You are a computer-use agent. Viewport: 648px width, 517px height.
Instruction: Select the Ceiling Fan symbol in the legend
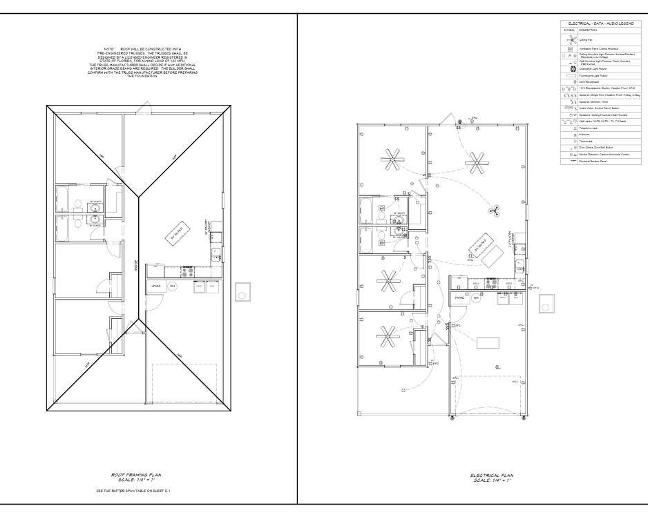click(571, 40)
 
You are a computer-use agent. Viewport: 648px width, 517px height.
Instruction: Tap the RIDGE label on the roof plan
click(136, 264)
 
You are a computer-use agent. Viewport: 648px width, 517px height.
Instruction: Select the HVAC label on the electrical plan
click(460, 297)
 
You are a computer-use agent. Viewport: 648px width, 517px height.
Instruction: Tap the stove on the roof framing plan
click(186, 271)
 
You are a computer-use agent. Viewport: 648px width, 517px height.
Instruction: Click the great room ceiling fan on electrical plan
click(474, 164)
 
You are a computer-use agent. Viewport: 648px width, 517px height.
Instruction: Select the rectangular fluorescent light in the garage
click(488, 342)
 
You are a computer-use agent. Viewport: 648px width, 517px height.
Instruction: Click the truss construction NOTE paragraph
click(144, 63)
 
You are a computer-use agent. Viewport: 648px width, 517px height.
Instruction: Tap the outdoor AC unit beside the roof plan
click(242, 292)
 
